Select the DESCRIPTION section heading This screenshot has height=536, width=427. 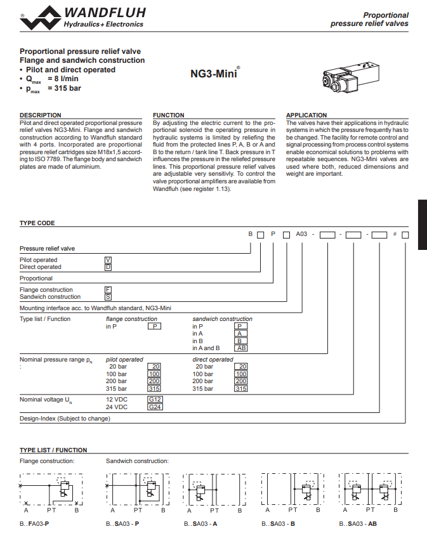41,115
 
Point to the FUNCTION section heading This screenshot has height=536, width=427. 169,115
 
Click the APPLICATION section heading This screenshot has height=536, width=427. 306,115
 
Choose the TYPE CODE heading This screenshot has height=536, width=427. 37,223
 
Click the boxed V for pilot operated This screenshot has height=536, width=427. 108,260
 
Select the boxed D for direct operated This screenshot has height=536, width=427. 108,267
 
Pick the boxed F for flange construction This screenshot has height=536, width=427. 108,290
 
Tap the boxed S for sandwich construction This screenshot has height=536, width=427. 108,297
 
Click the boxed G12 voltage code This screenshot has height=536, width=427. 155,400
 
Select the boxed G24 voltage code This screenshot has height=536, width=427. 155,407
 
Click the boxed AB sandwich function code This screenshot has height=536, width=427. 241,348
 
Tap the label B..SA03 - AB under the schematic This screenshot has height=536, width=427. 358,524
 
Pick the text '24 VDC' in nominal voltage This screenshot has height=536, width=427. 117,407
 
